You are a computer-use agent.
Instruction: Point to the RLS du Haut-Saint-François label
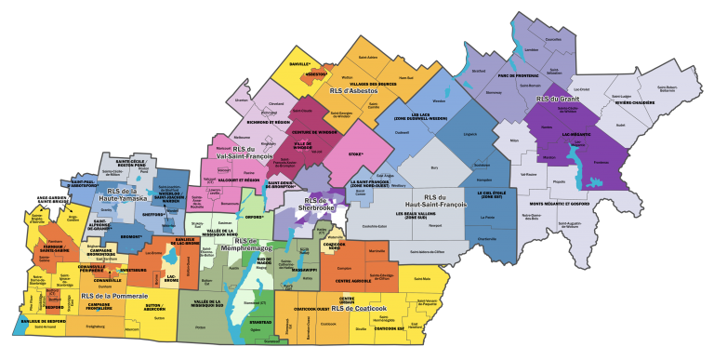click(451, 202)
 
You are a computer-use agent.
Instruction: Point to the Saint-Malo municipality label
click(421, 279)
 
